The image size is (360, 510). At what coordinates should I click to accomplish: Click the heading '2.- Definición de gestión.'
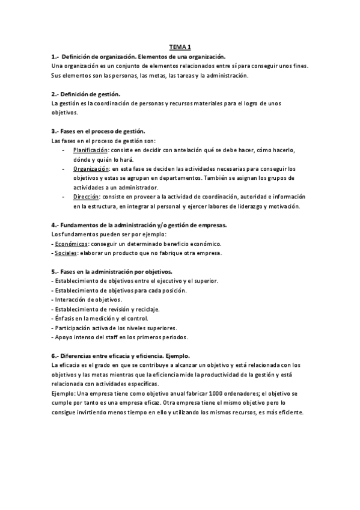tap(86, 94)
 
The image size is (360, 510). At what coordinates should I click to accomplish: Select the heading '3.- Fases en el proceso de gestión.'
tap(99, 131)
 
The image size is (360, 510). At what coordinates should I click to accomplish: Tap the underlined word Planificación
tap(91, 150)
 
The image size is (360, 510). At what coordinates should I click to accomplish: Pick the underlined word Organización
tap(91, 169)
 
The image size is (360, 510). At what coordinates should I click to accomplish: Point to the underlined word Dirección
tap(86, 197)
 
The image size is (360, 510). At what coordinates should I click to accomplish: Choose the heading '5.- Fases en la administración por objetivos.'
tap(112, 272)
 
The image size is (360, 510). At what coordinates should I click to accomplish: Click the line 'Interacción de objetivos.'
tap(88, 300)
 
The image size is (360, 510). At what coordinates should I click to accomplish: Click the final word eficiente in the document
tap(290, 412)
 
